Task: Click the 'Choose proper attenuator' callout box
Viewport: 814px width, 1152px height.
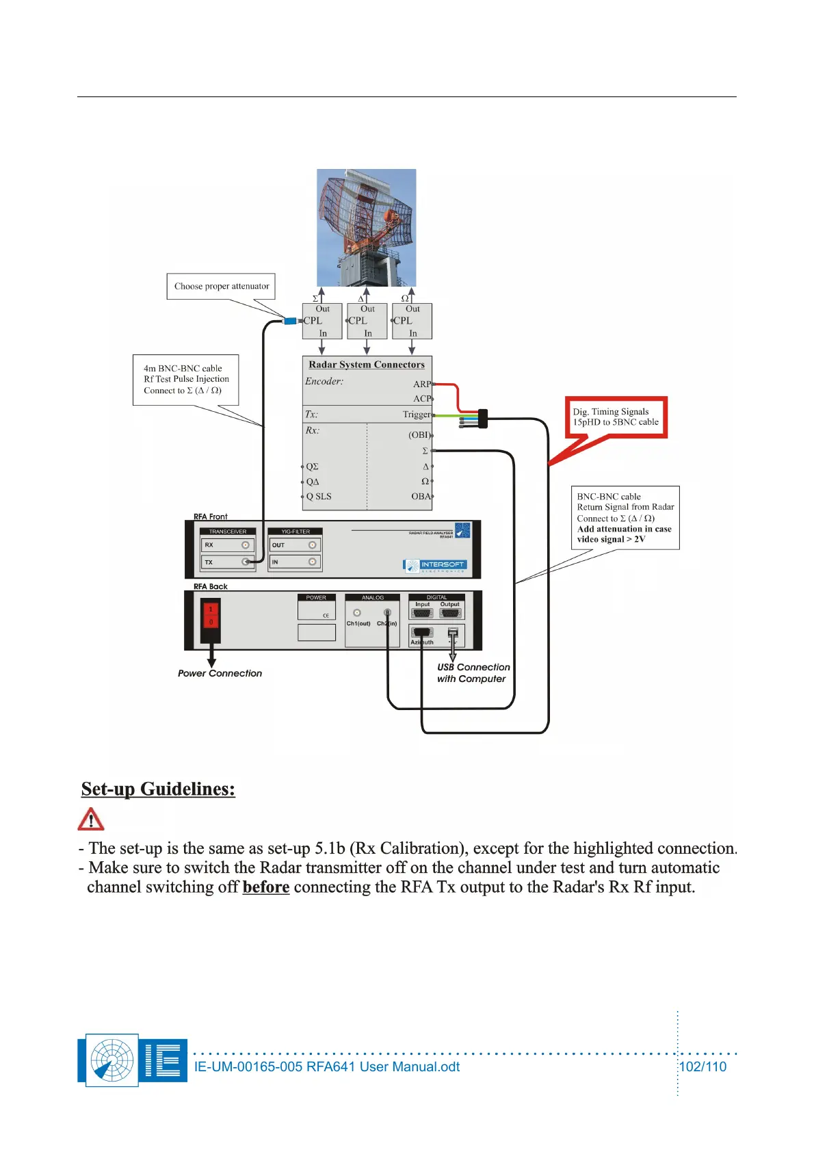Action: (x=221, y=287)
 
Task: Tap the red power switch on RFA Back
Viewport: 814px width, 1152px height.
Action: (x=211, y=615)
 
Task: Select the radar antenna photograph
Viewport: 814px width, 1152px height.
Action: (x=366, y=227)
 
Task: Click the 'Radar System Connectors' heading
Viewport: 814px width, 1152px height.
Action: (x=367, y=365)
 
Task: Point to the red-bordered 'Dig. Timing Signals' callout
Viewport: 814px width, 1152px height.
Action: (x=616, y=417)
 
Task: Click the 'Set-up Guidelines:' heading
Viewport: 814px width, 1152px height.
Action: (x=158, y=789)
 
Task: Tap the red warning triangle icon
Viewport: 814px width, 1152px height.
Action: (x=91, y=819)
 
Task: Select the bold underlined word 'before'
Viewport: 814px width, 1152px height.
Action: (x=266, y=887)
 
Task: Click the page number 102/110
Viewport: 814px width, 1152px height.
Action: (x=703, y=1066)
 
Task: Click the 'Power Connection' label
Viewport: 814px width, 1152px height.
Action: (x=220, y=674)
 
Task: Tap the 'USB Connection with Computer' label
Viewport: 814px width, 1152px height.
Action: (x=473, y=673)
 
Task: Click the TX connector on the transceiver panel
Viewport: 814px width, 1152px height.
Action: (x=245, y=562)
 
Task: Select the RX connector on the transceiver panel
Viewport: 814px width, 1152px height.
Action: (x=245, y=545)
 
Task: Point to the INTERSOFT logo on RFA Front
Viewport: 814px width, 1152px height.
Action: (x=435, y=566)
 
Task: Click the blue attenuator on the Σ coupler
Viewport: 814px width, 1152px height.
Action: (x=290, y=321)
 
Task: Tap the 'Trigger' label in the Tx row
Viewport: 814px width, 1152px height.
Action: (x=417, y=415)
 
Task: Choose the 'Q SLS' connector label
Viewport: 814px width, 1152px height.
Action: (x=319, y=497)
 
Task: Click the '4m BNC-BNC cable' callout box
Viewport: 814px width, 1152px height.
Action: (x=185, y=380)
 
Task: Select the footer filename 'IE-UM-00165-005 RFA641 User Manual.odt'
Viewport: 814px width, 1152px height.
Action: (x=327, y=1066)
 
